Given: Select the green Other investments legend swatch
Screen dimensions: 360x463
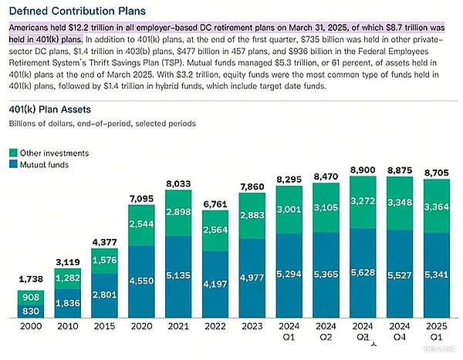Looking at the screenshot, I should (14, 153).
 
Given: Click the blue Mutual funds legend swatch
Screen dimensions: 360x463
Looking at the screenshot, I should (14, 164).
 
